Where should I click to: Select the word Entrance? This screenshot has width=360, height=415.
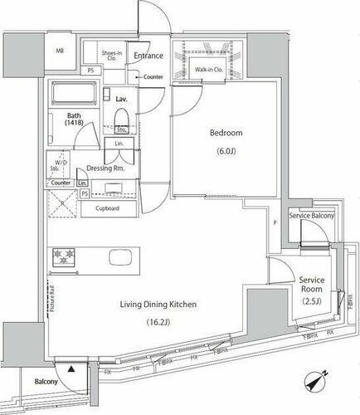[x=149, y=56]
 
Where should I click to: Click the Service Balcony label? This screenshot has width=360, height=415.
[x=312, y=216]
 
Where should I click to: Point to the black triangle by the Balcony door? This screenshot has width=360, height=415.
[x=71, y=368]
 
